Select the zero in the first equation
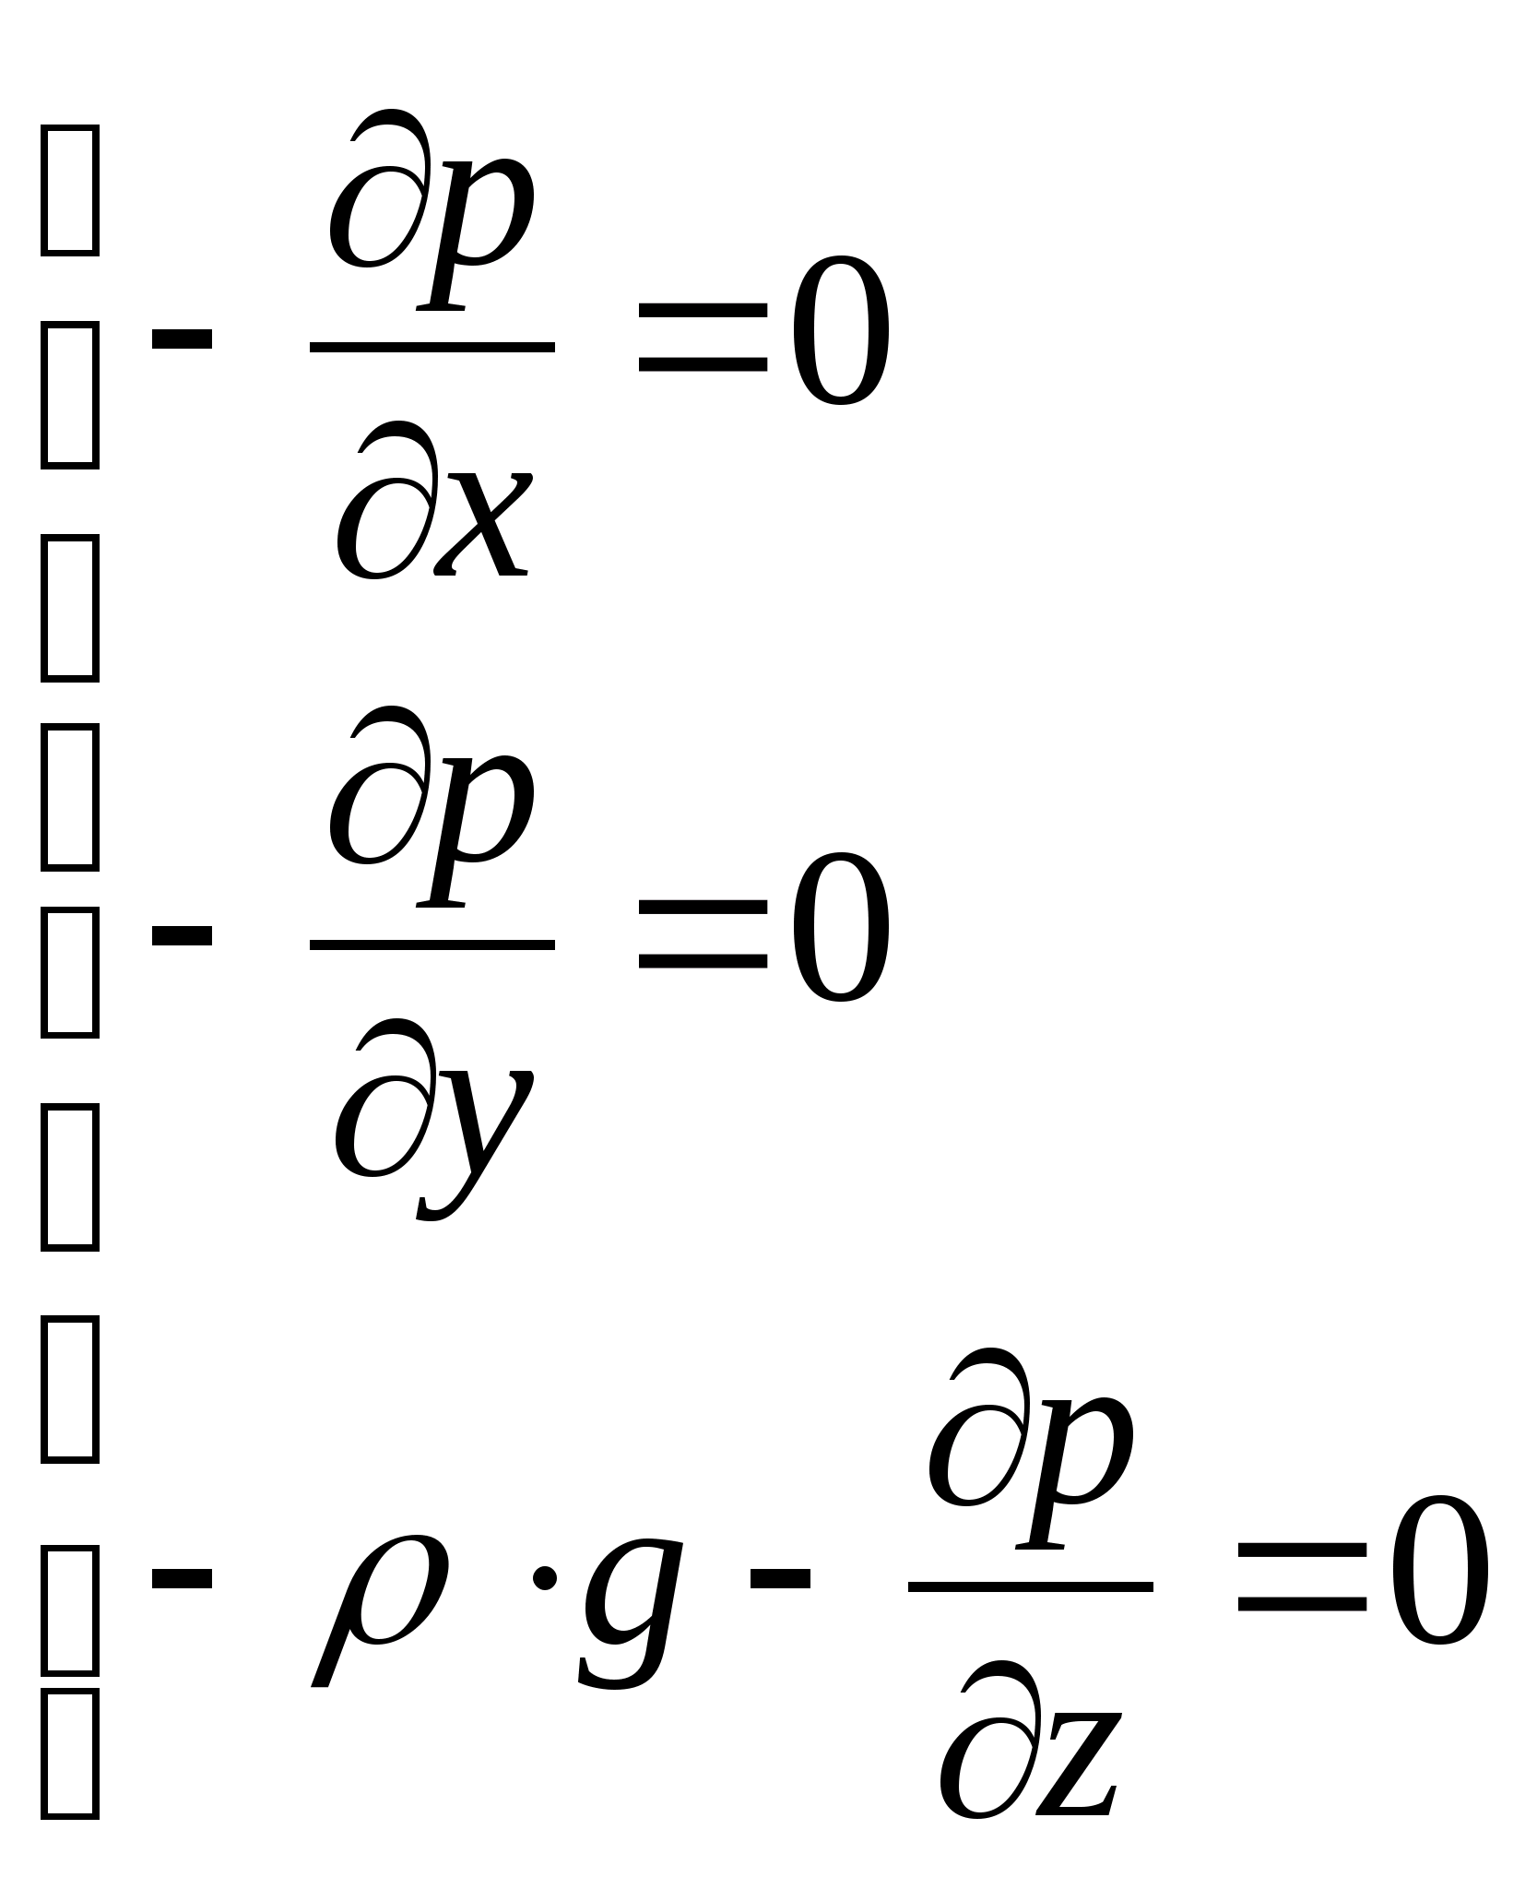pos(840,332)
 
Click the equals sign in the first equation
pos(703,339)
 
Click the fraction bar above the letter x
pos(432,348)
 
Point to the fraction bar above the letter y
pos(432,945)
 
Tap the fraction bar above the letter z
pos(1031,1587)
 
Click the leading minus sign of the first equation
pos(182,339)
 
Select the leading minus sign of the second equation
pos(182,935)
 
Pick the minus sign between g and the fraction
pos(780,1578)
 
